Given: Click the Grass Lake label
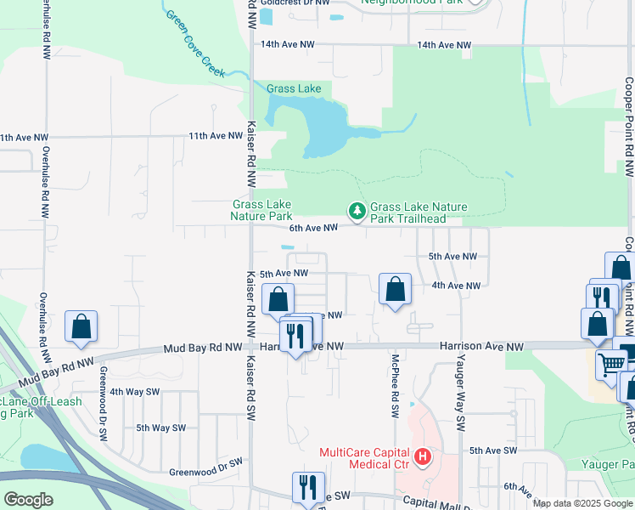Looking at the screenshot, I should (x=294, y=88).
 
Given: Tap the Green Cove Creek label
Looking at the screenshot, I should (x=195, y=44).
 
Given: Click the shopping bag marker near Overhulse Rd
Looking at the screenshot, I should (x=81, y=326).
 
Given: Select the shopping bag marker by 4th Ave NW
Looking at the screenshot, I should (x=395, y=289).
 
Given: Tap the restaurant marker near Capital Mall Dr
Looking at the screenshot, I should (x=307, y=487).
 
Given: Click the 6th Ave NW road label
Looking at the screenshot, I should (x=313, y=227).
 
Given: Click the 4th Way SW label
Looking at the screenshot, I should (x=134, y=392).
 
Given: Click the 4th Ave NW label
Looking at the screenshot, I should (x=456, y=286).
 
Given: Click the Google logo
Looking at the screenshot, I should (x=28, y=499).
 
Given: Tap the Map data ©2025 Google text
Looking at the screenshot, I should (x=581, y=503).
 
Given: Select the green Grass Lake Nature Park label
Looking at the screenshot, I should (x=261, y=210).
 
